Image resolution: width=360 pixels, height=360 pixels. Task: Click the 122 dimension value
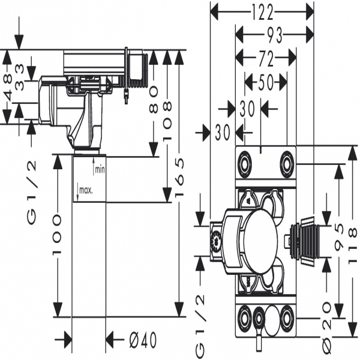pos(262,11)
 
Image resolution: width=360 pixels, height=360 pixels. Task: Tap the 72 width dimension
pos(266,58)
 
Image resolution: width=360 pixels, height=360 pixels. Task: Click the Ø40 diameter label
pos(143,340)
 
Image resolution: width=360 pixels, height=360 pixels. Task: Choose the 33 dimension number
pos(20,85)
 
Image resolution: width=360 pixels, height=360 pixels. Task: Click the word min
pos(100,169)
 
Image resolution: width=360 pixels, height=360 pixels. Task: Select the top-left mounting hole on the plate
pos(244,163)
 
